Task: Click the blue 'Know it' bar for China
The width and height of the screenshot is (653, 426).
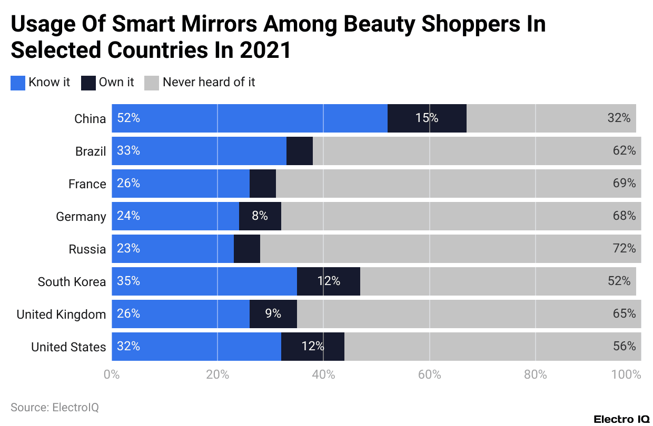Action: pyautogui.click(x=249, y=118)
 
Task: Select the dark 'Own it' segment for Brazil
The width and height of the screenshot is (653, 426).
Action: pyautogui.click(x=299, y=151)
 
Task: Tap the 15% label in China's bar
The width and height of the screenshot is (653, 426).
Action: pyautogui.click(x=427, y=118)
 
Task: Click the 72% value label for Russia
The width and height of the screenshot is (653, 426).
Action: pyautogui.click(x=624, y=249)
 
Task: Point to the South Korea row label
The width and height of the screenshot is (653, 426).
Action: pyautogui.click(x=72, y=281)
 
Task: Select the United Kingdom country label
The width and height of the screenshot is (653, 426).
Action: pyautogui.click(x=61, y=315)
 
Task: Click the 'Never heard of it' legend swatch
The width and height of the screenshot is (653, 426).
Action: pyautogui.click(x=152, y=83)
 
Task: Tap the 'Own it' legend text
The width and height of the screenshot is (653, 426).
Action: pyautogui.click(x=116, y=83)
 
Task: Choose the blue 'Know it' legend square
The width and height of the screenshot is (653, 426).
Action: pyautogui.click(x=18, y=83)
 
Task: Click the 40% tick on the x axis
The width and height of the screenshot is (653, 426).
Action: pyautogui.click(x=323, y=375)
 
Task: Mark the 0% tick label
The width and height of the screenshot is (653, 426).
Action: pyautogui.click(x=112, y=375)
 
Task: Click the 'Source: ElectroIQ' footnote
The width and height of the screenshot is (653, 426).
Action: pyautogui.click(x=55, y=407)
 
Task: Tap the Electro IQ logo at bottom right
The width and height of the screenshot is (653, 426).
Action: pyautogui.click(x=621, y=419)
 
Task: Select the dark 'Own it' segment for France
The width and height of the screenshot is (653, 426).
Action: pyautogui.click(x=262, y=184)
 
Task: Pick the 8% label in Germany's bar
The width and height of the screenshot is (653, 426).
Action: pyautogui.click(x=260, y=216)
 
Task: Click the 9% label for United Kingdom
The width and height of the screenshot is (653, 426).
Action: pyautogui.click(x=273, y=314)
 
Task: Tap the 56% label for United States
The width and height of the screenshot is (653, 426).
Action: pyautogui.click(x=624, y=347)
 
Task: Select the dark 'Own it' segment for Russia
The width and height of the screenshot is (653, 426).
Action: pyautogui.click(x=246, y=249)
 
